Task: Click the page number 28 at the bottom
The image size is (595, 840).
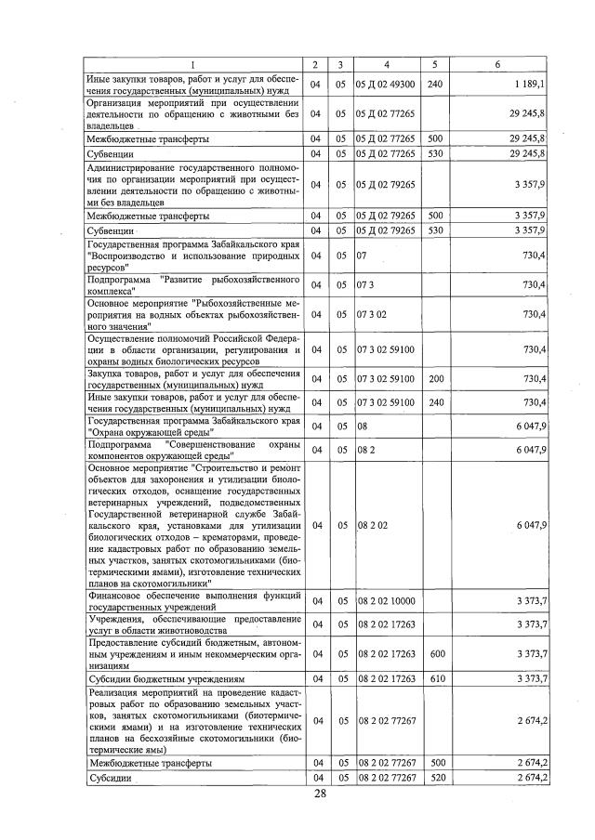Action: pyautogui.click(x=320, y=793)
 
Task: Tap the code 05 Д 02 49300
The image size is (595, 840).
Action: pyautogui.click(x=385, y=84)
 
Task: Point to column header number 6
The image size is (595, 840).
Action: pyautogui.click(x=498, y=64)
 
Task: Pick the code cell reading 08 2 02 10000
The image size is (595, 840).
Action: pyautogui.click(x=385, y=599)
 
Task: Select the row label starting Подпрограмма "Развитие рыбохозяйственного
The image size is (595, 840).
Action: pyautogui.click(x=193, y=284)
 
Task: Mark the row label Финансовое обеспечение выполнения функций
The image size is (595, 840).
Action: pyautogui.click(x=193, y=599)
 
